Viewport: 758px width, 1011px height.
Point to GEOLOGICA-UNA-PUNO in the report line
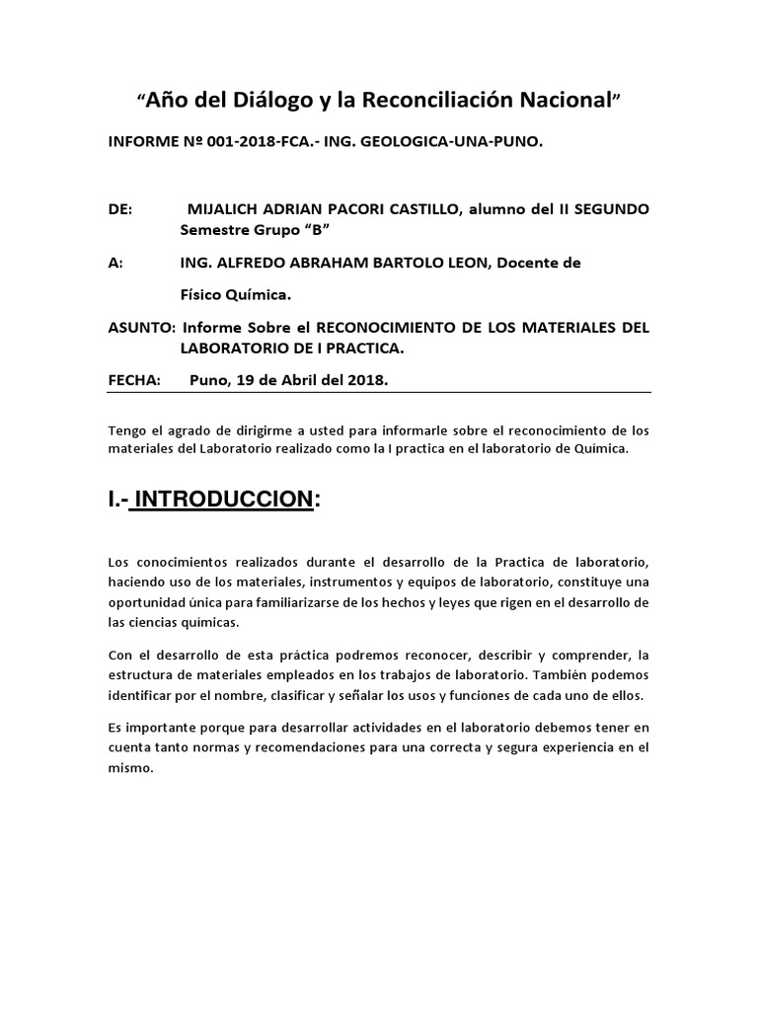[x=464, y=142]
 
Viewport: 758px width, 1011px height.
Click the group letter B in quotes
[x=316, y=232]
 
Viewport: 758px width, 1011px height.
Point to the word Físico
[x=203, y=294]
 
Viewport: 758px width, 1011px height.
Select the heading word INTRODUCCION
[x=224, y=500]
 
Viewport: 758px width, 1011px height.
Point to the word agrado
[x=170, y=429]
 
